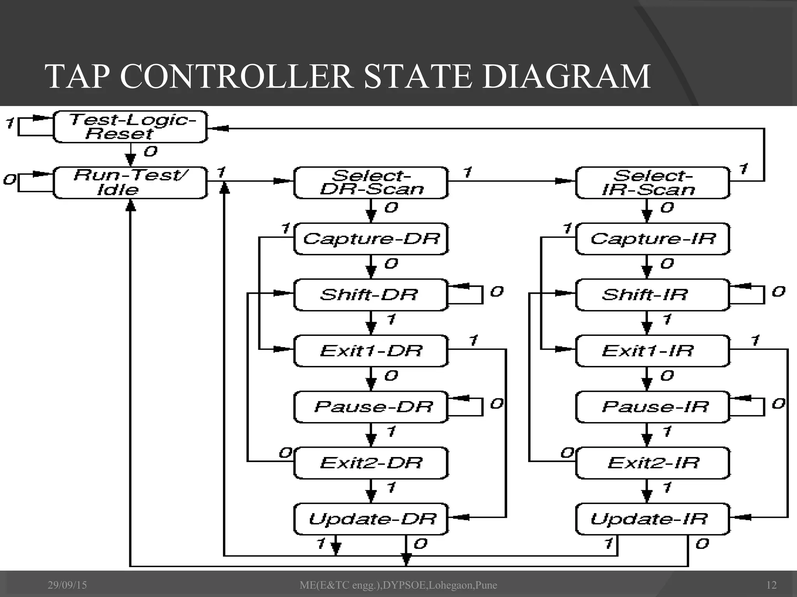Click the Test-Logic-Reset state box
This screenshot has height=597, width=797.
tap(130, 127)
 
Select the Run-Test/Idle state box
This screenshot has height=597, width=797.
tap(130, 183)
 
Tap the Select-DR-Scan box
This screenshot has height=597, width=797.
tap(371, 183)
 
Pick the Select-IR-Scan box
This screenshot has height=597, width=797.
tap(652, 183)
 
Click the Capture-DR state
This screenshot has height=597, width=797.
tap(371, 239)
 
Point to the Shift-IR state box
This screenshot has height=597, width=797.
tap(652, 295)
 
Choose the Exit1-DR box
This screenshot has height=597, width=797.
tap(371, 351)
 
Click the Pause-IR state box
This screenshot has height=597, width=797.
tap(652, 407)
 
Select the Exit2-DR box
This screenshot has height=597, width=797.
tap(371, 463)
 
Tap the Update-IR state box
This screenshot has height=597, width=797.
tap(652, 519)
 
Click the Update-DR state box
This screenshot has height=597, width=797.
tap(371, 519)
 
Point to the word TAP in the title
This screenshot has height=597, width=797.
tap(76, 77)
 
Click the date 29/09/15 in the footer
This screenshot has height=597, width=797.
tap(67, 585)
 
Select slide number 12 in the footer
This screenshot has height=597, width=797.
tap(771, 585)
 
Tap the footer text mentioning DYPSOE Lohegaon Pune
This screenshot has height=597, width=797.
tap(398, 585)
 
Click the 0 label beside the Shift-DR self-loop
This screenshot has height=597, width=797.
tap(497, 292)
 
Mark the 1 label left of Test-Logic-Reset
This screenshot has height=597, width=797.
tap(10, 124)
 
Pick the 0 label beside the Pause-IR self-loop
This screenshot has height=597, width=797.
tap(778, 404)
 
